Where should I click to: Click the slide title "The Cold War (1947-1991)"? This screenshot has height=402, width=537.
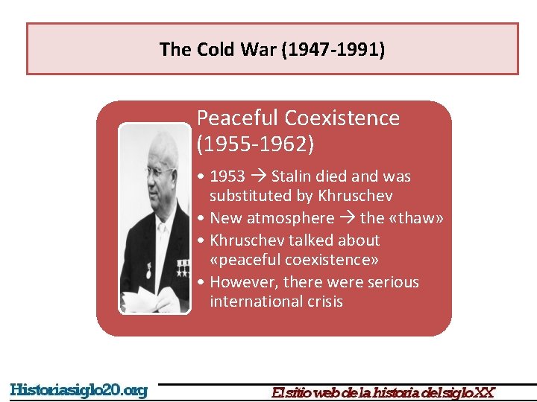pyautogui.click(x=272, y=50)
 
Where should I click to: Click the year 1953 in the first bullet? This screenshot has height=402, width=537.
pyautogui.click(x=227, y=176)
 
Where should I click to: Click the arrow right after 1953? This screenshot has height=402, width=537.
pyautogui.click(x=258, y=176)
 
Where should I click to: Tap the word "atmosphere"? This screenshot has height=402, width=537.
pyautogui.click(x=297, y=218)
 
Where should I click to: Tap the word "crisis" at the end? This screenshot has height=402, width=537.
pyautogui.click(x=326, y=301)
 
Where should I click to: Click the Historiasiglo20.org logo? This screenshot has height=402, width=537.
pyautogui.click(x=78, y=390)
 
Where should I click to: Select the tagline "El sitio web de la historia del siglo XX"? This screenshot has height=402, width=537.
pyautogui.click(x=383, y=392)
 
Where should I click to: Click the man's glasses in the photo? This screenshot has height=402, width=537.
pyautogui.click(x=159, y=173)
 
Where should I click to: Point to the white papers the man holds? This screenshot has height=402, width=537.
pyautogui.click(x=150, y=301)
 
